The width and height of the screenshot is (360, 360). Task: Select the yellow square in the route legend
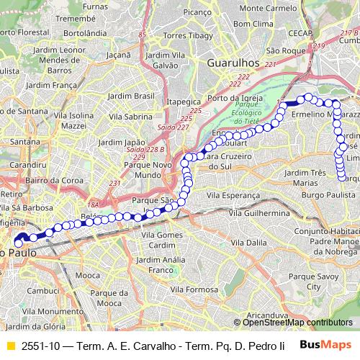10,346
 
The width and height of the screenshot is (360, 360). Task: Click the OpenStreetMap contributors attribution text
297,323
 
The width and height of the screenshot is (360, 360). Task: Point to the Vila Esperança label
233,194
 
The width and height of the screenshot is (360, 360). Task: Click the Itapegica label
182,103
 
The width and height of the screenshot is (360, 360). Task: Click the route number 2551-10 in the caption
40,346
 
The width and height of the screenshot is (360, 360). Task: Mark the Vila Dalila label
248,243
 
